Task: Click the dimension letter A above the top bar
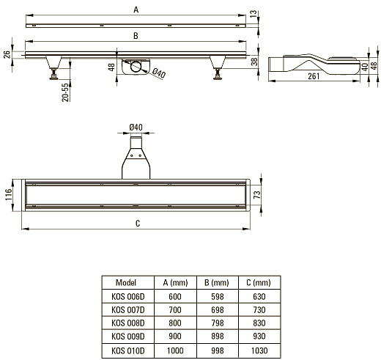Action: click(x=136, y=10)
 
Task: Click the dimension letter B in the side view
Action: click(x=136, y=36)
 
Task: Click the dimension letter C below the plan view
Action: click(x=138, y=224)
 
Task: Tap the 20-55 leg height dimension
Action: click(x=65, y=92)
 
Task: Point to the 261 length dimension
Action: click(x=314, y=76)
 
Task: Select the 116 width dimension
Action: click(x=8, y=194)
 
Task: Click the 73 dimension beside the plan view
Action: click(x=257, y=195)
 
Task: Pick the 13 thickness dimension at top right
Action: click(x=254, y=14)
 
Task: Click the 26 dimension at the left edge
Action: click(x=7, y=54)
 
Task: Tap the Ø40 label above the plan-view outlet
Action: click(x=136, y=128)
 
